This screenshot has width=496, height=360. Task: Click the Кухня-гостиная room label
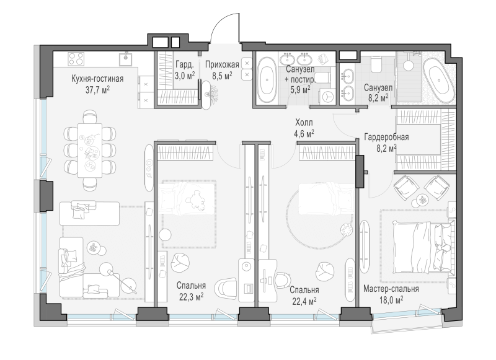point(97,79)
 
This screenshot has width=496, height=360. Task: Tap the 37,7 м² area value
point(97,90)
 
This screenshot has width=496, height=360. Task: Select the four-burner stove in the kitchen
point(76,59)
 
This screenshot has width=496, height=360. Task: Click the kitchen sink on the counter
point(126,59)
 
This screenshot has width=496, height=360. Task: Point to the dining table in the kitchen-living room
point(90,151)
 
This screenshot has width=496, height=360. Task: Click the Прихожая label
point(222,65)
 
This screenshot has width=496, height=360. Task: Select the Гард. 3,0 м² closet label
point(185,71)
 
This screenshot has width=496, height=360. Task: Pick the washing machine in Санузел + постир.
point(327,96)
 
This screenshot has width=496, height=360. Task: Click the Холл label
point(304,122)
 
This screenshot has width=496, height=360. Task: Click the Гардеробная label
point(386,137)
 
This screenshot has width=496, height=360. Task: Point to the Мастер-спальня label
point(391,289)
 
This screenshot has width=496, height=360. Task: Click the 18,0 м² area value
point(391,300)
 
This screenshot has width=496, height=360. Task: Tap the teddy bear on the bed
point(197,200)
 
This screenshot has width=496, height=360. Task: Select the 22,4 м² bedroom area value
point(304,302)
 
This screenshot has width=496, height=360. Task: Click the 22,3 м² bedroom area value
point(191,297)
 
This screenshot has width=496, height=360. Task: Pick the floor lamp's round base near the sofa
point(130,284)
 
